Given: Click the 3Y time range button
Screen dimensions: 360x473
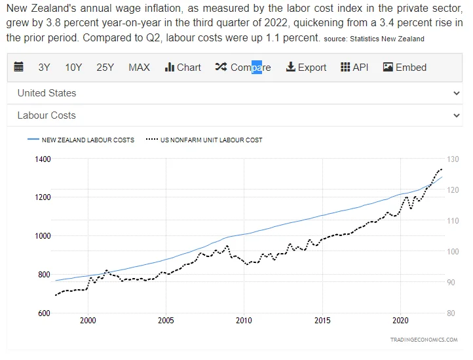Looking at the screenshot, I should point(44,68).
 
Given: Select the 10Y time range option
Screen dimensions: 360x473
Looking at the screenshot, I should point(73,68).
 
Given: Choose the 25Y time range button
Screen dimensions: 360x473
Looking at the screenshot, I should point(105,68).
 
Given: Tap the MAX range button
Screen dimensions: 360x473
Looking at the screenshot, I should point(139,68).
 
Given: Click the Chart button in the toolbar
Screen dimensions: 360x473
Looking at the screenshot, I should point(183,68).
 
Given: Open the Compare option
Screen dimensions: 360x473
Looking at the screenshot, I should point(242,68).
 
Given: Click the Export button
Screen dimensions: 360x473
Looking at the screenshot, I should point(306,68).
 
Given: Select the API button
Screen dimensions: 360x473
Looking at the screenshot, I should point(354,68).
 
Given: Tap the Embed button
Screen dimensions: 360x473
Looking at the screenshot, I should point(404,68).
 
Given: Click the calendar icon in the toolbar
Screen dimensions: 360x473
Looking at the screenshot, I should point(18,68).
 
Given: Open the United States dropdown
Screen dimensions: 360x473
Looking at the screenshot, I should point(236,93).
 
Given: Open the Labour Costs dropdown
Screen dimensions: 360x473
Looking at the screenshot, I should point(236,115).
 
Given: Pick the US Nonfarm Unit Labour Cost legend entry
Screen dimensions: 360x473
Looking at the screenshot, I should point(204,140).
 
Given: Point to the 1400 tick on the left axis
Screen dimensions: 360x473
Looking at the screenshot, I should point(43,159).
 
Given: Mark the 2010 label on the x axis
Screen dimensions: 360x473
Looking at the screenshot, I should point(244,321).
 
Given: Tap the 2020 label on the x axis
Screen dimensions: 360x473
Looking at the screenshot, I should point(400,321).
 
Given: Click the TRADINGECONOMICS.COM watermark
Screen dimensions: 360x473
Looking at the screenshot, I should point(424,340).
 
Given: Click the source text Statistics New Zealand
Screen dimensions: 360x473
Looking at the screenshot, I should point(387,39).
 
